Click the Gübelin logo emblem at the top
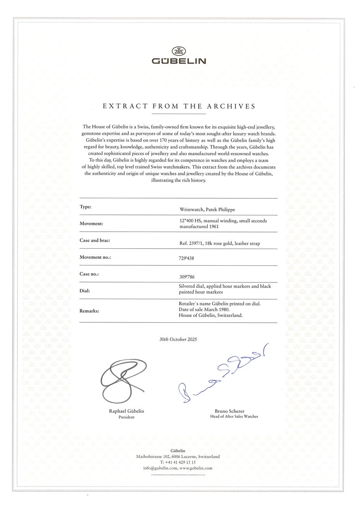coord(178,51)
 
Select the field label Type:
coord(85,207)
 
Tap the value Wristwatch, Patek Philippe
coord(207,210)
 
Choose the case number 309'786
coord(186,277)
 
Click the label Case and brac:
coord(95,241)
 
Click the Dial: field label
coord(85,291)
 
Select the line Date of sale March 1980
coord(204,310)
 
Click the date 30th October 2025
coord(178,339)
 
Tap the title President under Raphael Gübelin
coord(126,417)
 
